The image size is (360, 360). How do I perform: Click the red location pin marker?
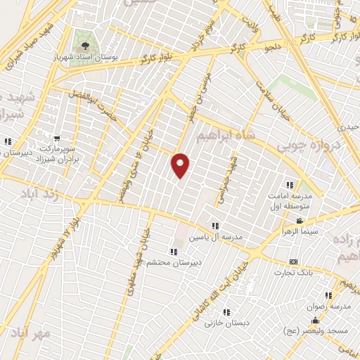[x=181, y=165]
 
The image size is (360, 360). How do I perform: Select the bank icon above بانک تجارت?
[x=293, y=262]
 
